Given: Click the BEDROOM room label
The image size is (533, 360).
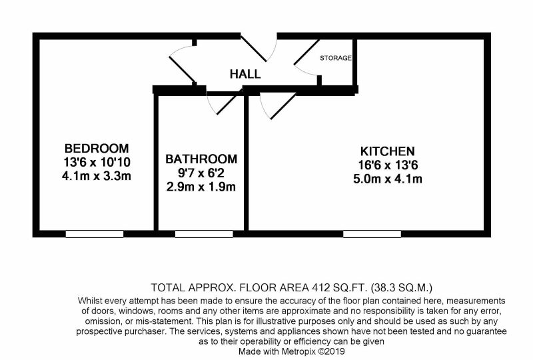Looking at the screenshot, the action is [97, 149].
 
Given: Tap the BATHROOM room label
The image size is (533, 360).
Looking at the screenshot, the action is [201, 159].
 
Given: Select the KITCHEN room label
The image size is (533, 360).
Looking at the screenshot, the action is [388, 151].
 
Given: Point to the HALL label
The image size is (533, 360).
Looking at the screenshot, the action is [245, 74].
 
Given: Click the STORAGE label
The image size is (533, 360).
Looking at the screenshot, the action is [336, 58].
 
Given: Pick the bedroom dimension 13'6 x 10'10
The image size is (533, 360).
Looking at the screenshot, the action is [97, 162].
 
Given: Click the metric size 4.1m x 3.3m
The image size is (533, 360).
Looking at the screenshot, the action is [97, 176].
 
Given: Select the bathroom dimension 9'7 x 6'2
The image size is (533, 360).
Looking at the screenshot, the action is [201, 173].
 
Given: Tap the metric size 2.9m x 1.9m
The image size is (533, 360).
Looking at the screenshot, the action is [201, 187].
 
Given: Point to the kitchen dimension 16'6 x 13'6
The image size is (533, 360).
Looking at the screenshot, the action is [388, 165].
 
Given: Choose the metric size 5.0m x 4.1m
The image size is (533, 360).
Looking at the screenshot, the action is [388, 179].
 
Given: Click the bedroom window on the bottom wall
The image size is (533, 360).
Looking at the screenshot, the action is [95, 234].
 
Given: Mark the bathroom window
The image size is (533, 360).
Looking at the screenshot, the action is [204, 234].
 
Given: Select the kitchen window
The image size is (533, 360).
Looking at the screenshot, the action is [372, 234].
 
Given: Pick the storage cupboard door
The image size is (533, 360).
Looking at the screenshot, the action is [306, 52].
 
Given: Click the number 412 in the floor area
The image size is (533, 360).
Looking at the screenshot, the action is [321, 288].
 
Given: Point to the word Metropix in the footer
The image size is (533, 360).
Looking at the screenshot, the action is [299, 351].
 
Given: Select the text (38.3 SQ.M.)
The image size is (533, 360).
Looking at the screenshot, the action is [402, 288].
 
